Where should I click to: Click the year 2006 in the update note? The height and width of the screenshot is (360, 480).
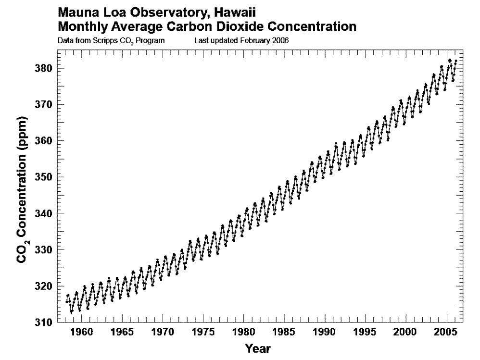(281, 40)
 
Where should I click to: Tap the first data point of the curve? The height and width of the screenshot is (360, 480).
(66, 301)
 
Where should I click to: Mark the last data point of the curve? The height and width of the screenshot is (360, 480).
(455, 61)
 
